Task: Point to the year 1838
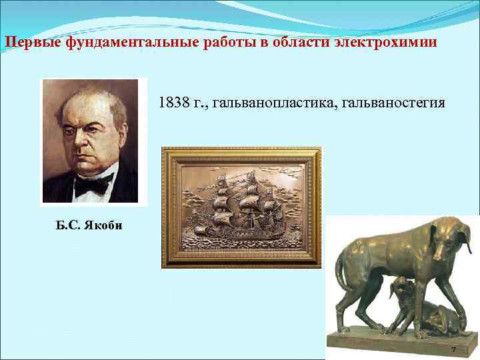[x=172, y=104]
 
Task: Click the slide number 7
[x=453, y=350]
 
